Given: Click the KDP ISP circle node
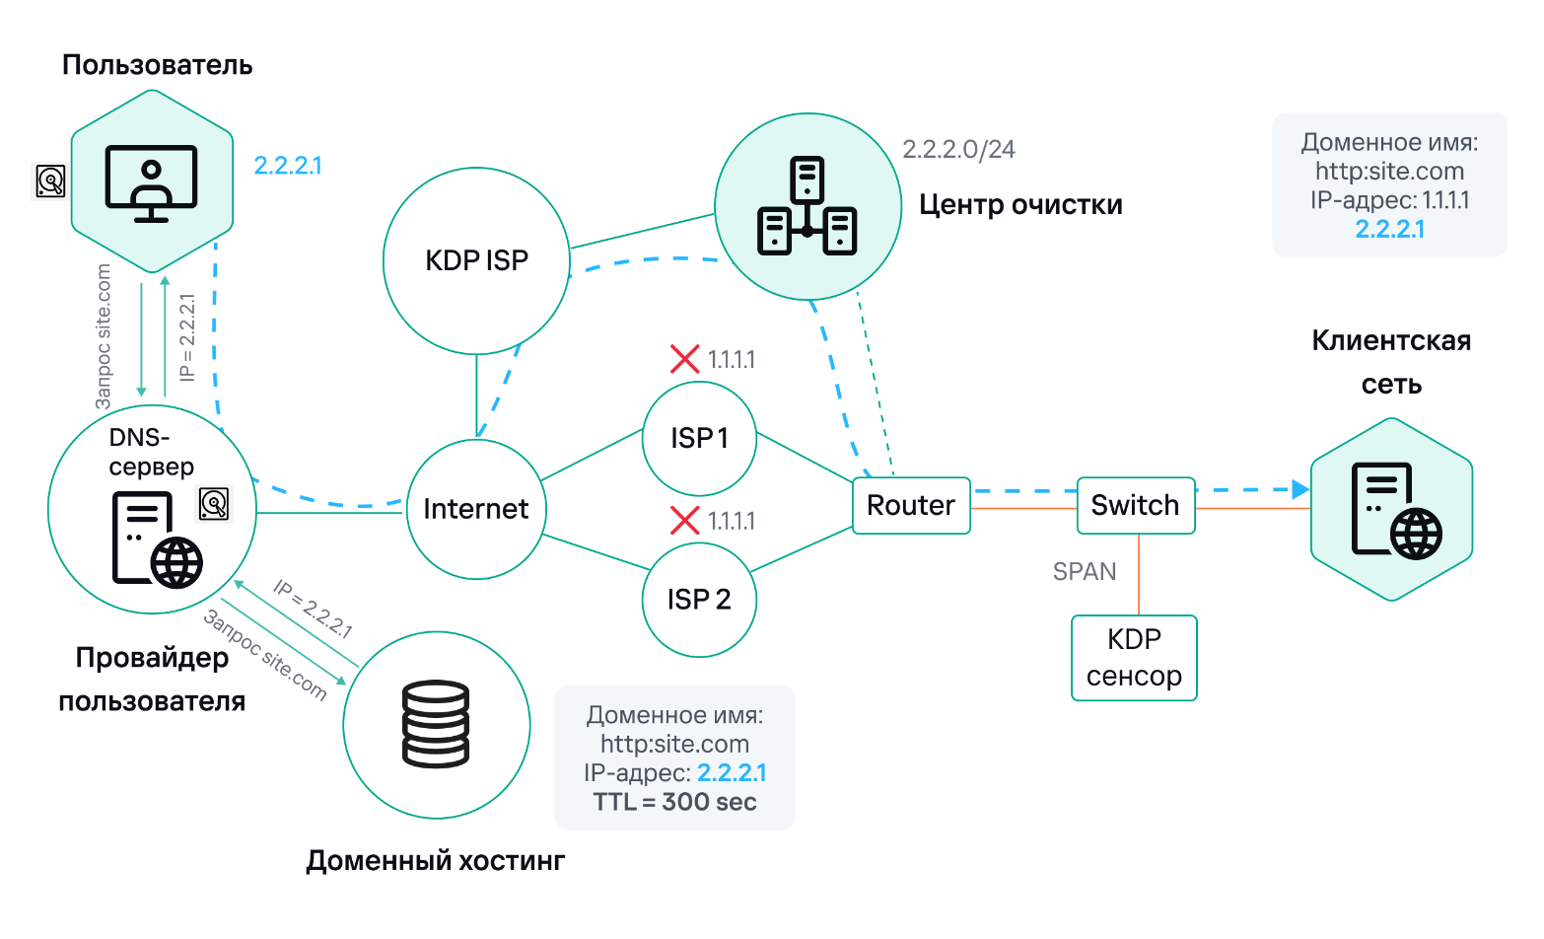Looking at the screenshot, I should coord(476,260).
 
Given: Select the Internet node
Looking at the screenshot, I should coord(476,509).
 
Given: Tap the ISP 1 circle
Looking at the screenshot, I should coord(699,438).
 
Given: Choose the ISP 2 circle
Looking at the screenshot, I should coord(699,600).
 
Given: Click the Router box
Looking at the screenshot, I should coord(911,506).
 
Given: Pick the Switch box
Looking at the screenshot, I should coord(1136,506).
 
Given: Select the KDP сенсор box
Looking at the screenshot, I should coord(1134,658).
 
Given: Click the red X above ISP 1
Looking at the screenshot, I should coord(684,359).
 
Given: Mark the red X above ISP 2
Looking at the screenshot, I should coord(684,520).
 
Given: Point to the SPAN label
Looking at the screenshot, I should coord(1085,572).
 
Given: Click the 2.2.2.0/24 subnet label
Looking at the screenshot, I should coord(958,149).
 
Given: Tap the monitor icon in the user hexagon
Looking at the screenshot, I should coord(152,183).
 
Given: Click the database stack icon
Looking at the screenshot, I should coord(436,725).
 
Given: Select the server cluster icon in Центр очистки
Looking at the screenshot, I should coord(807,206).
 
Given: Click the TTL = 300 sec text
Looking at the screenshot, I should coord(674,802).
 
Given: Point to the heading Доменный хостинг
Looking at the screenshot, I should coord(436,861).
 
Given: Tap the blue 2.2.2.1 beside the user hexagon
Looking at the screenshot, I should coord(288,166).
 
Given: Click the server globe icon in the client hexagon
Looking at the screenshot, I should coord(1394,511).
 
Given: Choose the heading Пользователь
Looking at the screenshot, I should coord(158,65).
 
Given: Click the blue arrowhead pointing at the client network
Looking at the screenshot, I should coord(1300,489).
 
